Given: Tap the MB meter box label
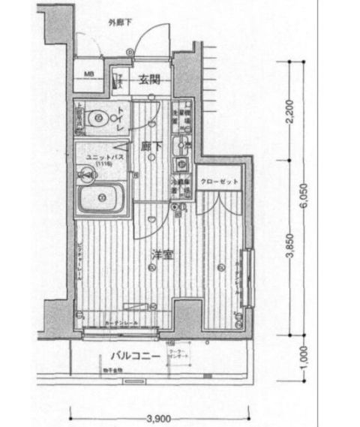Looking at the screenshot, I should [x=89, y=74].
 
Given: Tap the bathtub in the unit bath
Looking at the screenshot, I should [x=100, y=199].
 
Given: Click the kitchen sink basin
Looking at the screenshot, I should [x=182, y=144].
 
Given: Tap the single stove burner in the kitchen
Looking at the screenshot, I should [x=181, y=164].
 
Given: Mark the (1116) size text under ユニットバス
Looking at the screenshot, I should [x=103, y=163].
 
